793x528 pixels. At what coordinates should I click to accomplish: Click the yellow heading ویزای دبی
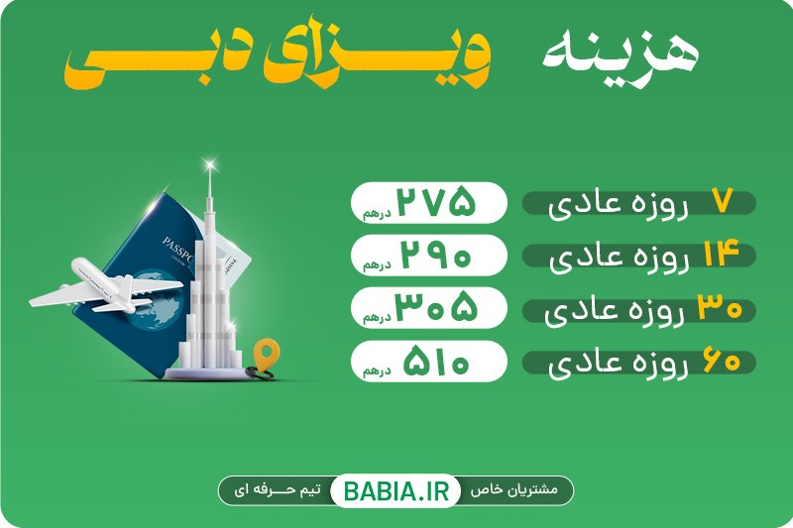(x=280, y=59)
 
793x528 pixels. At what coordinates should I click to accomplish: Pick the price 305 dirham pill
(x=427, y=309)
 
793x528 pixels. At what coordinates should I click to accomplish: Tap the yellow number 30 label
(x=720, y=309)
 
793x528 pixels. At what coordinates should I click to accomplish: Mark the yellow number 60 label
(x=722, y=363)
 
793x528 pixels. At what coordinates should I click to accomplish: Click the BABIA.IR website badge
(x=396, y=489)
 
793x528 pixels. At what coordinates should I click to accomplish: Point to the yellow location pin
(x=264, y=352)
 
